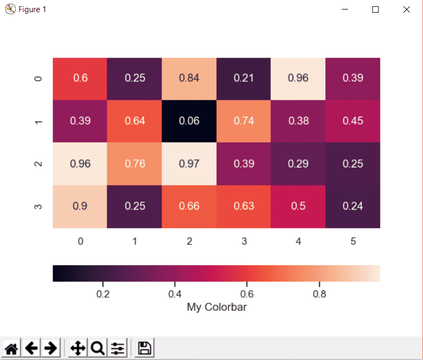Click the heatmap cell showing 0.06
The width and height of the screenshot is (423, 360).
tap(189, 121)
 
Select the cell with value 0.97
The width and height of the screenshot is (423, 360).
tap(189, 164)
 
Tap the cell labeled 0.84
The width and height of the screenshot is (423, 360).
tap(189, 78)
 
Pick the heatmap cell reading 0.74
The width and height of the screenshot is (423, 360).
tap(243, 121)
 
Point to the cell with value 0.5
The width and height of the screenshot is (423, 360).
tap(298, 206)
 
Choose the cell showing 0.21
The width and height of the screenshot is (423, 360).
tap(243, 78)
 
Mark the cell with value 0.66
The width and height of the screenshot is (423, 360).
tap(189, 206)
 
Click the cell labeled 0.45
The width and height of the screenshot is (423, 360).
tap(353, 121)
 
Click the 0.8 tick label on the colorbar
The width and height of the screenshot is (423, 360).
tap(319, 293)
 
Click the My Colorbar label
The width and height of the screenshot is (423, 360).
tap(217, 307)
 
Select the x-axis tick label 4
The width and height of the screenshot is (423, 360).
tap(298, 242)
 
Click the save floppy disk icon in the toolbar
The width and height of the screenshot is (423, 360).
tap(144, 348)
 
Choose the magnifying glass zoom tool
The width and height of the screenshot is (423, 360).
tap(97, 348)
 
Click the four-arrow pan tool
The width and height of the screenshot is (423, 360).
tap(78, 348)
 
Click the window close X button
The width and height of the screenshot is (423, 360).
tap(407, 10)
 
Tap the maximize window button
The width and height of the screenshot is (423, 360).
tap(375, 10)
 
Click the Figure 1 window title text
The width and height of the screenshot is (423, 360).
tap(32, 10)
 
